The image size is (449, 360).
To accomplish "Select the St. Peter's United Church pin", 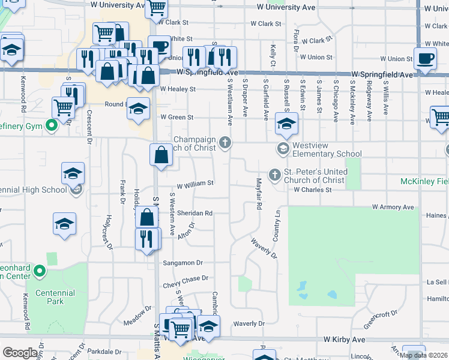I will [x=274, y=175].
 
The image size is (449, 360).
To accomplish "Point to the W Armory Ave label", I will [x=393, y=207].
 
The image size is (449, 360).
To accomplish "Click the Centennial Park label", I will [x=54, y=297].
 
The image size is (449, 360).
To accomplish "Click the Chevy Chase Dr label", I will [x=185, y=278].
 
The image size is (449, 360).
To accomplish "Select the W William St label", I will [x=194, y=184].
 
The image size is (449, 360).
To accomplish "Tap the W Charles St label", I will [x=312, y=190].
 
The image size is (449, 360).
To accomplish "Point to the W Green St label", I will [x=176, y=118].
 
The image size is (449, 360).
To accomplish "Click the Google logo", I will [x=20, y=353].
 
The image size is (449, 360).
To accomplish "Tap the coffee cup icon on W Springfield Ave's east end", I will [x=426, y=59].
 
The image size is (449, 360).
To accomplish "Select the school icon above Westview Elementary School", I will [x=287, y=124].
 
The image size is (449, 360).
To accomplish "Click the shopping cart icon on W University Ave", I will [x=156, y=8].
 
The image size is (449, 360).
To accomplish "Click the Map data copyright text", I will [x=424, y=355].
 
